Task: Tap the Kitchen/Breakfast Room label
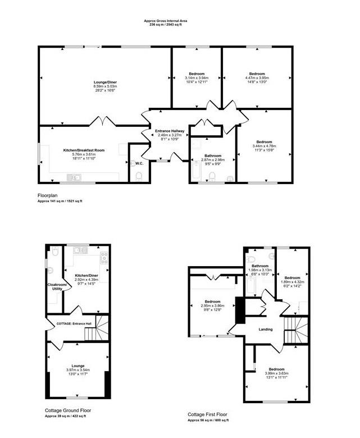coord(84,150)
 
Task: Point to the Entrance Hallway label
coord(170,131)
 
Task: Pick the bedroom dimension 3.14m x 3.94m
coord(197,78)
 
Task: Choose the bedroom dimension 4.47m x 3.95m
coord(257,78)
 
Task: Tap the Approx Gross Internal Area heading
coord(166,21)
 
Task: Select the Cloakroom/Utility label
coord(56,287)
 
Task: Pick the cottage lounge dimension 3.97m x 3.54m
coord(78,370)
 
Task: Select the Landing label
coord(265,330)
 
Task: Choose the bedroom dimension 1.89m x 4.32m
coord(292,282)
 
